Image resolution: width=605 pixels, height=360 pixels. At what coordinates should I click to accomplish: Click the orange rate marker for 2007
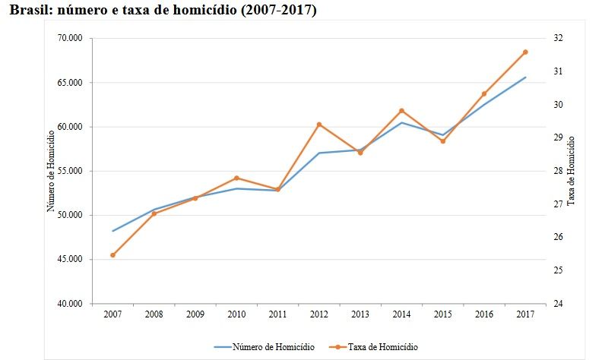pos(112,255)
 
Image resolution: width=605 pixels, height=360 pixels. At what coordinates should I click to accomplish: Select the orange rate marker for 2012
pos(319,125)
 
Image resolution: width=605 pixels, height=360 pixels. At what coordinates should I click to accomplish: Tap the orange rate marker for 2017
pos(525,52)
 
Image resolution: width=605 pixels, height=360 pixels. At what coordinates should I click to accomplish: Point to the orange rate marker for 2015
pos(443,141)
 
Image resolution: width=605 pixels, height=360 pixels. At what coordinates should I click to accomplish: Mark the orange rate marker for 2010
pos(236,178)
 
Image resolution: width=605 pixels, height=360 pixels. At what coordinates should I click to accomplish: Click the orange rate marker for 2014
pos(401,111)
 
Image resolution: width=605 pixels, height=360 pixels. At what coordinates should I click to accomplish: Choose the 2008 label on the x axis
pos(154,314)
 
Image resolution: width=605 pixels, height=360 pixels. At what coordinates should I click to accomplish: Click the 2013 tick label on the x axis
pos(360,314)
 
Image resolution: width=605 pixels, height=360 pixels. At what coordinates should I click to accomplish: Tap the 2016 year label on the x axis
pos(484,314)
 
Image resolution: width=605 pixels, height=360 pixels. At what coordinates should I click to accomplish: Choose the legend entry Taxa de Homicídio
pos(382,347)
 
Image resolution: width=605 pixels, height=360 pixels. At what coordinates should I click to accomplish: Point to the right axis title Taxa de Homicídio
pos(572,170)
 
